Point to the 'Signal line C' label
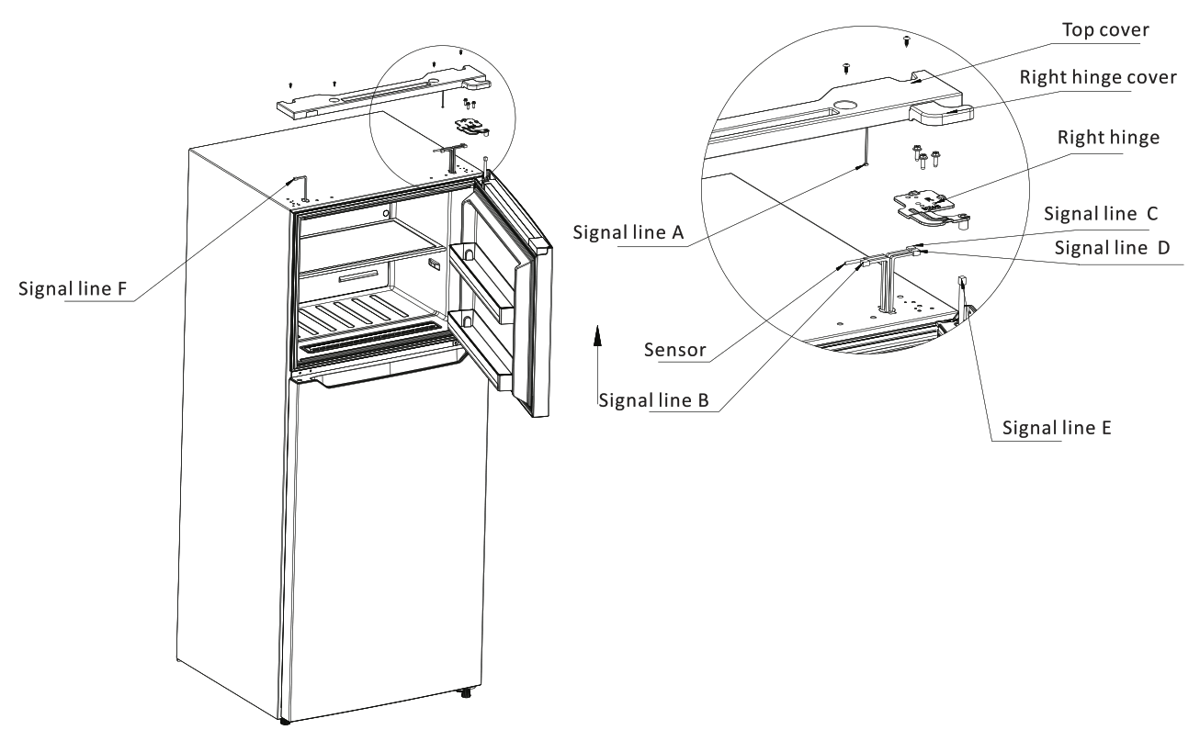pos(1103,214)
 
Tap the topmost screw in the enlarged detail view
pos(908,39)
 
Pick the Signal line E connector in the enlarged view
pos(961,285)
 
